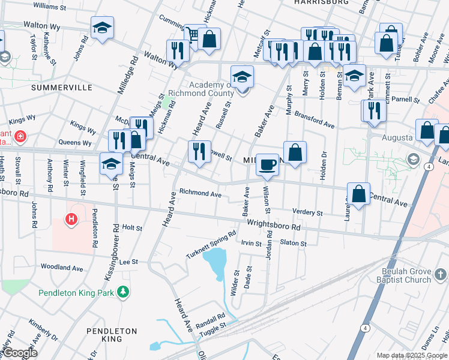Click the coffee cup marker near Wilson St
point(268,163)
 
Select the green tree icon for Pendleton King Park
point(124,292)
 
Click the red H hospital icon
point(71,220)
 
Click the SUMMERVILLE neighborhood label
point(61,88)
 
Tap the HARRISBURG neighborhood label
point(322,2)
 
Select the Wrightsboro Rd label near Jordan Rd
point(273,225)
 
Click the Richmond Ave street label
point(200,193)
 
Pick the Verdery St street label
point(307,212)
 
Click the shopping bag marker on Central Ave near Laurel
point(358,194)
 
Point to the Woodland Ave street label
point(62,266)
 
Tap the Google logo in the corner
point(19,353)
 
